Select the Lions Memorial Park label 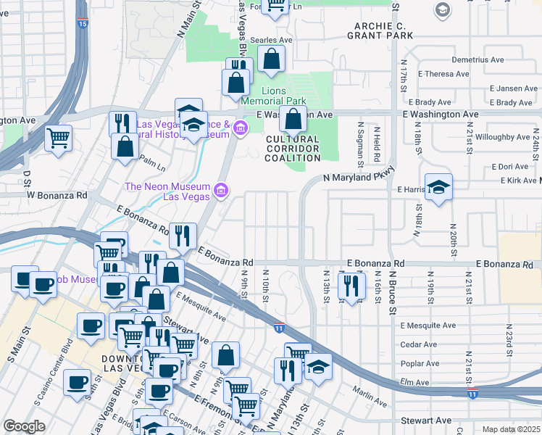274,96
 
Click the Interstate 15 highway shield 82,24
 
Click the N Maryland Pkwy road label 356,177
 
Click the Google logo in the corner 24,426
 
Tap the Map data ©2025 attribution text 511,429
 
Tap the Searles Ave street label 270,41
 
